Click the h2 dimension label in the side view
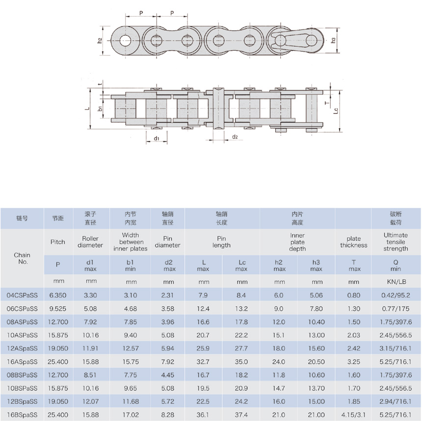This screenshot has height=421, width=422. click(100, 41)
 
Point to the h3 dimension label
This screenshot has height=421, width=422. click(333, 40)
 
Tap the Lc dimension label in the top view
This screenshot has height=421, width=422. click(336, 111)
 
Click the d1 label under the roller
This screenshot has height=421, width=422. click(157, 138)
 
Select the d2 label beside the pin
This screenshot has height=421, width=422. click(235, 137)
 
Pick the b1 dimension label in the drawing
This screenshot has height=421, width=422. click(100, 109)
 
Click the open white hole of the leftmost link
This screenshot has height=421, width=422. click(125, 41)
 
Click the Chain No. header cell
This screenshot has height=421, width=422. click(22, 258)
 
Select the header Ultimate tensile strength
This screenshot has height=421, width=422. click(396, 242)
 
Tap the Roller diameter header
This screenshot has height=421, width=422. click(90, 242)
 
